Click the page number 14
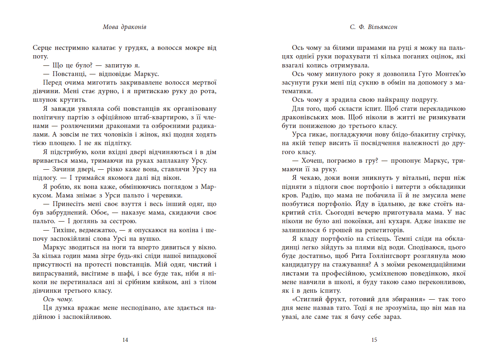tap(125, 340)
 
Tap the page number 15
tap(374, 340)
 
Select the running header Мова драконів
tap(125, 27)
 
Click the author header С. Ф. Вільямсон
tap(373, 27)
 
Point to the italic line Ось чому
tap(60, 299)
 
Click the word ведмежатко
tap(96, 230)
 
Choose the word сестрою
tap(118, 221)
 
